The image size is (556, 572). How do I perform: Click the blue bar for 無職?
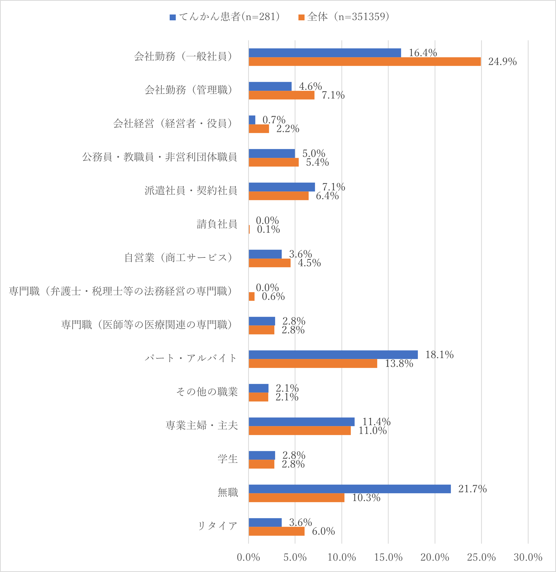click(x=350, y=489)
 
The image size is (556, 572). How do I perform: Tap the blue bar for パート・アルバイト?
click(x=333, y=355)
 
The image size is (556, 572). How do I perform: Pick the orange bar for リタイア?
click(x=277, y=531)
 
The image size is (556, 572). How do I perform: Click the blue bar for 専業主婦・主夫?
click(x=302, y=422)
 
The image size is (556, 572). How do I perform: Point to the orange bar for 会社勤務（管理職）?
click(x=281, y=95)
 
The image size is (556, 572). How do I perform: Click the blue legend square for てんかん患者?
click(x=172, y=17)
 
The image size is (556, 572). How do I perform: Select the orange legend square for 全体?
click(x=301, y=17)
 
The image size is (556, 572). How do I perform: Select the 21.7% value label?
click(x=472, y=489)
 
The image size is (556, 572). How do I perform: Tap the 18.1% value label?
click(x=439, y=355)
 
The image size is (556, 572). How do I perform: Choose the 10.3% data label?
click(x=366, y=498)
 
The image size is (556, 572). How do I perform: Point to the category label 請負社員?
click(x=217, y=224)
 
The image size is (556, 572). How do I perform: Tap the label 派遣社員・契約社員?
click(x=191, y=191)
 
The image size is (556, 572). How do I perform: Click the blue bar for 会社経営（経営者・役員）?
click(x=252, y=120)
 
